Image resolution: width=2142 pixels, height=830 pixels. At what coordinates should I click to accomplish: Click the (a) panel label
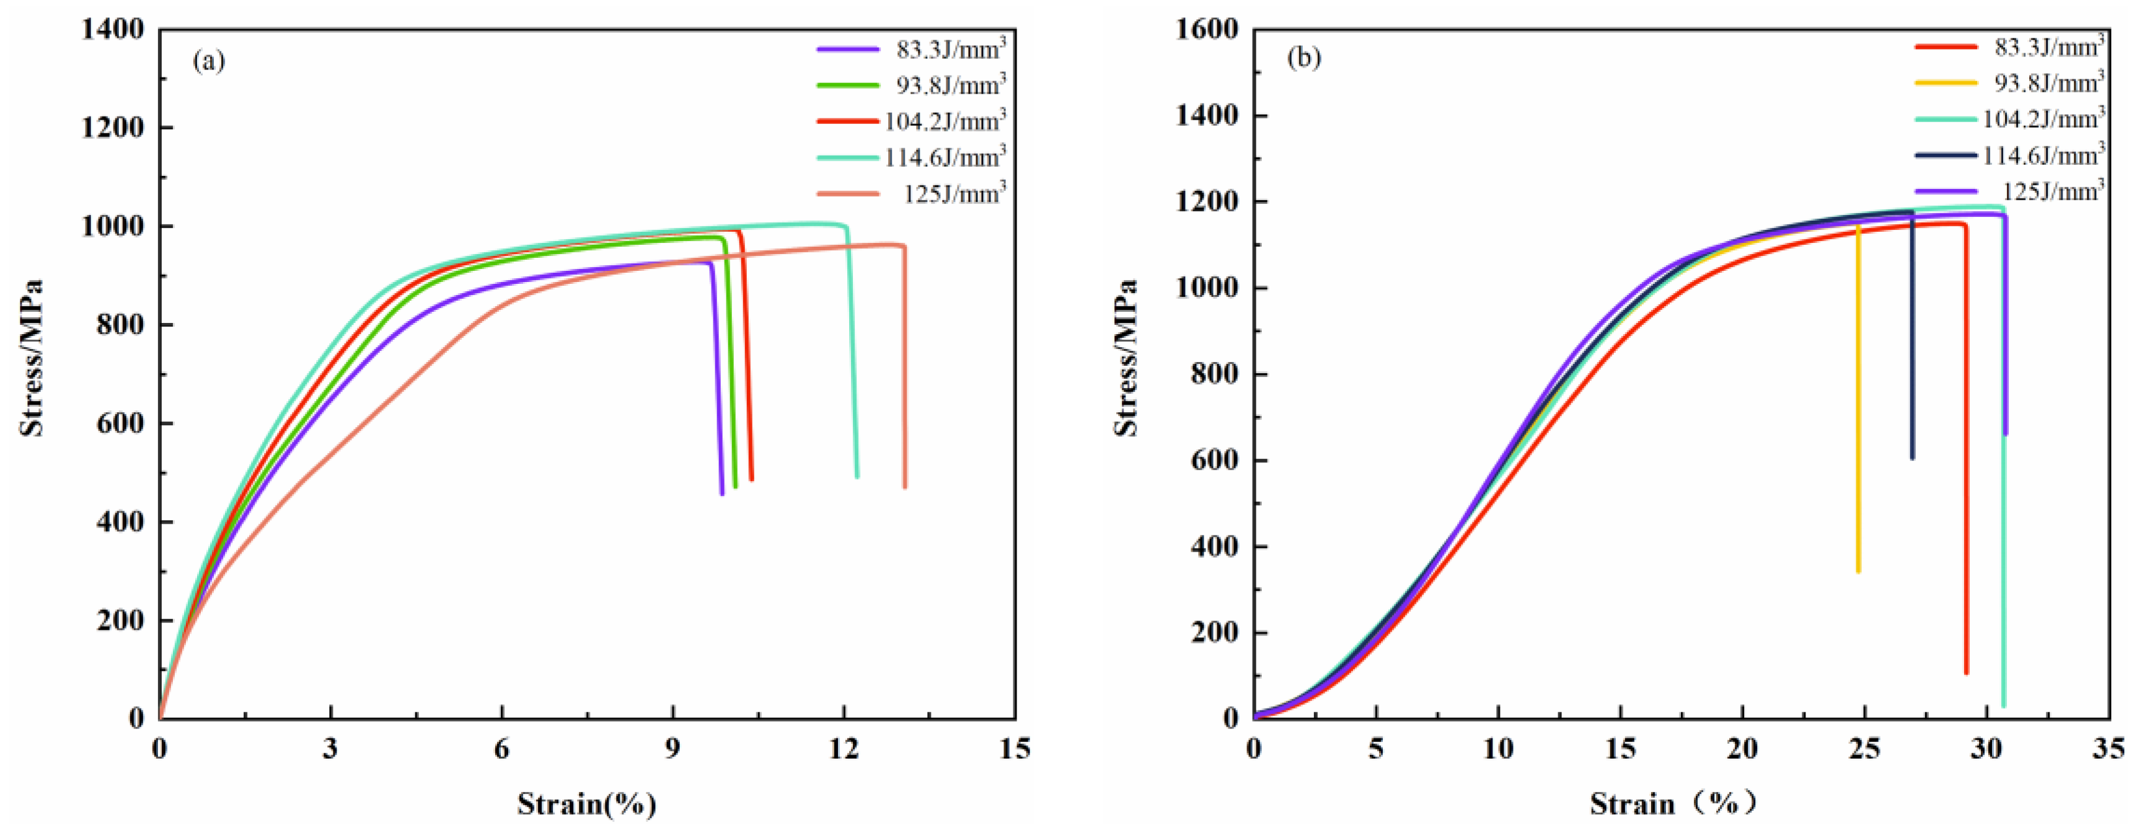pos(209,61)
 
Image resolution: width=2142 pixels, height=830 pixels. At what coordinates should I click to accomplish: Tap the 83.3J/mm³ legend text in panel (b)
pos(2048,47)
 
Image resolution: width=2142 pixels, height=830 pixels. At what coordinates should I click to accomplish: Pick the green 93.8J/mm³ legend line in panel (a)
pos(847,86)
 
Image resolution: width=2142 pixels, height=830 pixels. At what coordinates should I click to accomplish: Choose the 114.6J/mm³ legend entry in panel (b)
pos(2043,156)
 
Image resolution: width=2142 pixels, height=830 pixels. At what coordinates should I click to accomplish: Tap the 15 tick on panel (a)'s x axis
pos(1015,749)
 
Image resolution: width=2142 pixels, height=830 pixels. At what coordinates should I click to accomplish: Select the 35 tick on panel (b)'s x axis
pos(2109,749)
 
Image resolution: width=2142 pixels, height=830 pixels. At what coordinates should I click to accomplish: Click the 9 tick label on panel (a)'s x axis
pos(672,749)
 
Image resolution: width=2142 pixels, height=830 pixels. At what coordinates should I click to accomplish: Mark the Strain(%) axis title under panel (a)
pos(586,803)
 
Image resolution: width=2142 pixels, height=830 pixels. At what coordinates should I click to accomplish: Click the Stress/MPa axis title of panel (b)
pos(1126,358)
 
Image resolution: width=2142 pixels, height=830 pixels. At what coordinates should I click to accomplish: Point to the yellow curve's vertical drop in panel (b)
pos(1858,399)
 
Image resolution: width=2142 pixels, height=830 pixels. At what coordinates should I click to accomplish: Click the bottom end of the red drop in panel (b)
pos(1966,672)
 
